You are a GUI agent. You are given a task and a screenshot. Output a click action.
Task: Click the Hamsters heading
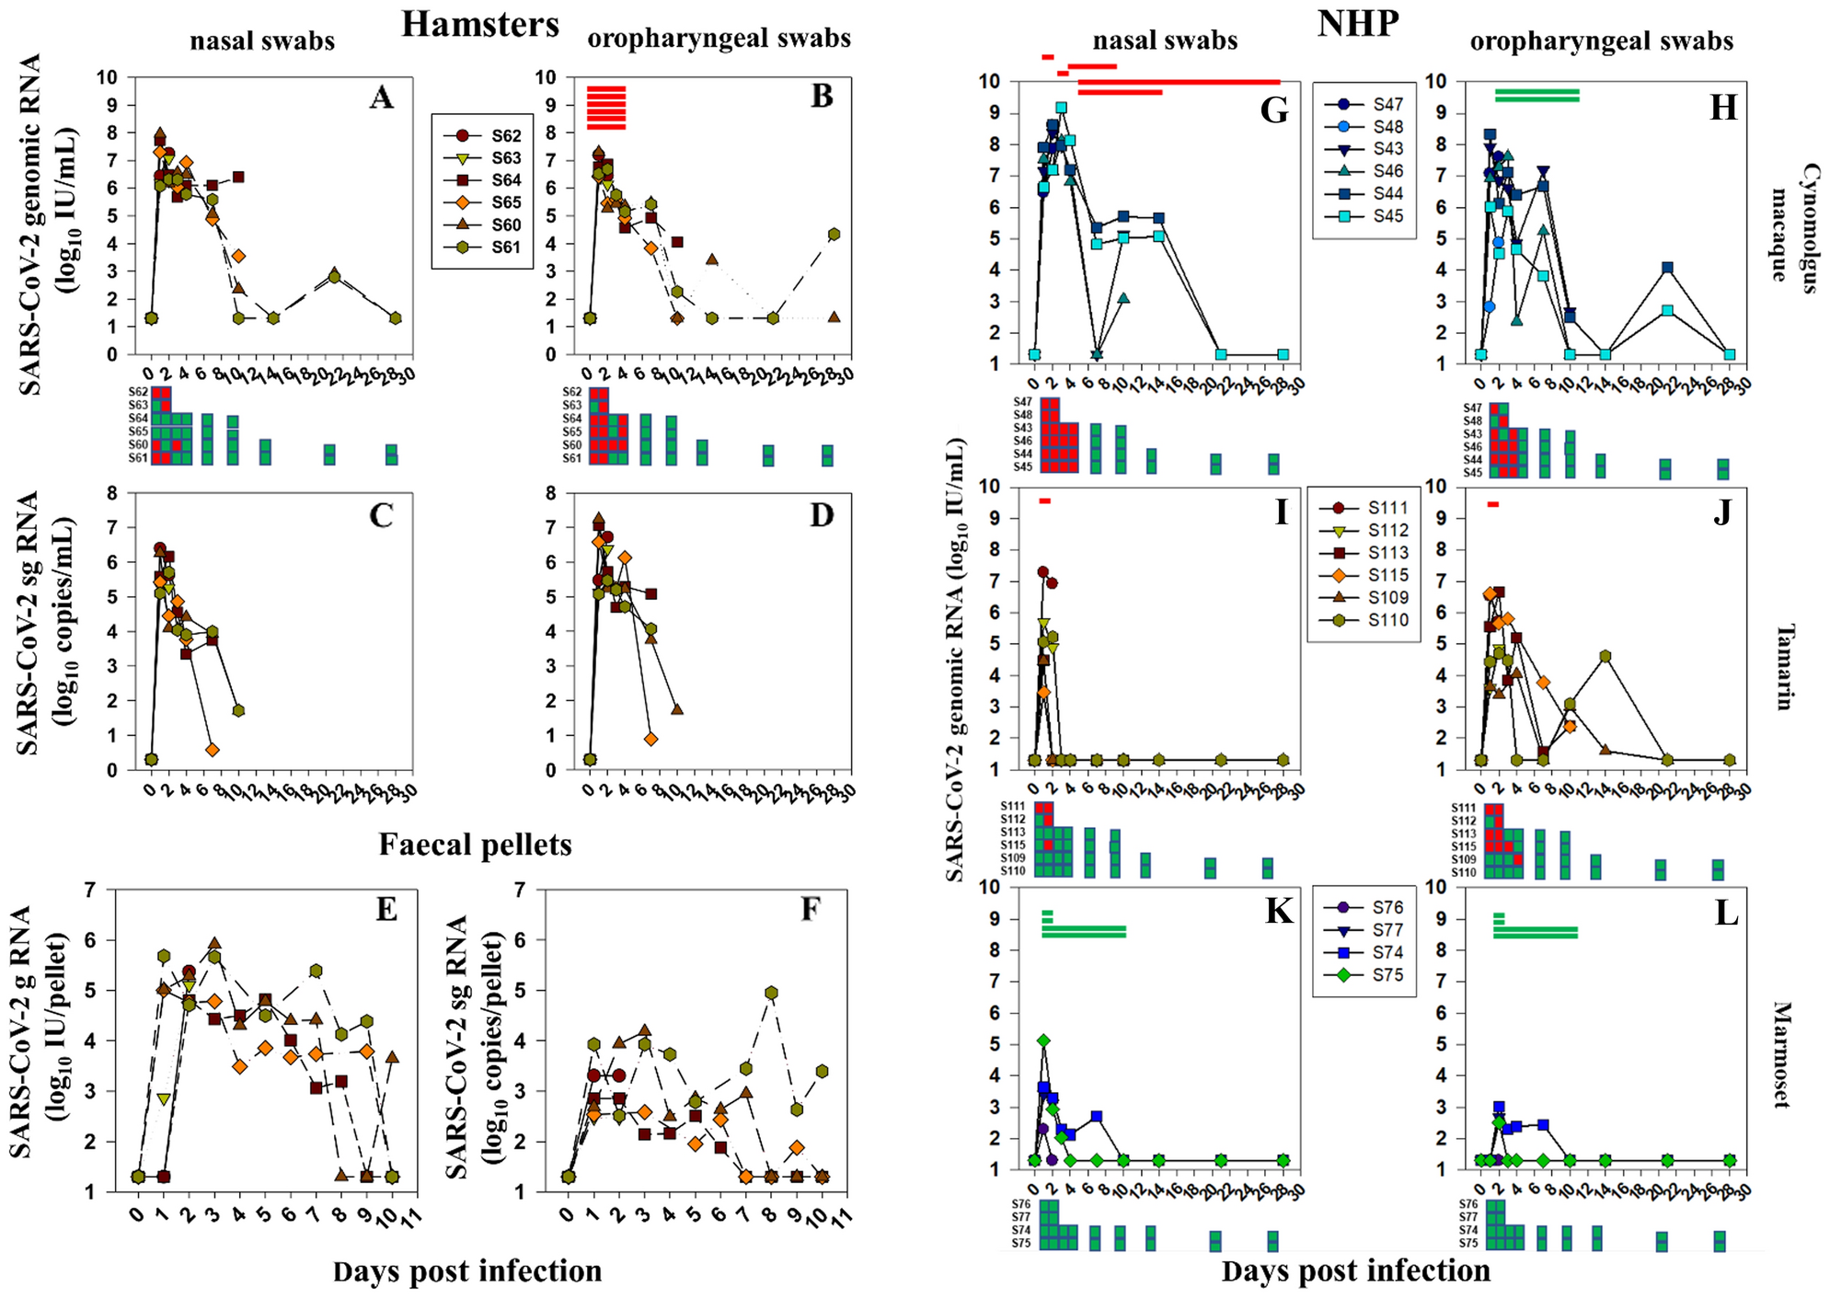[x=479, y=24]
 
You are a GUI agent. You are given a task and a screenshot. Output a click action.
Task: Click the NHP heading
[x=1357, y=23]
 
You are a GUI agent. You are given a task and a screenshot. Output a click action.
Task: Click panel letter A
[x=381, y=98]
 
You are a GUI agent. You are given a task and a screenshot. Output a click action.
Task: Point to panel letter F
[x=810, y=909]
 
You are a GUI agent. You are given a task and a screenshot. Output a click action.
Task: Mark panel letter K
[x=1279, y=911]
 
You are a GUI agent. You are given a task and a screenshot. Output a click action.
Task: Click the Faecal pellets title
[x=475, y=844]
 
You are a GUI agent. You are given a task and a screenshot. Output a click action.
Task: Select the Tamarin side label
[x=1783, y=667]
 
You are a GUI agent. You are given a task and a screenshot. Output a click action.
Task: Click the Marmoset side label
[x=1781, y=1055]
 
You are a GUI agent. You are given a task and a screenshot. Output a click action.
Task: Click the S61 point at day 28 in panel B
[x=834, y=235]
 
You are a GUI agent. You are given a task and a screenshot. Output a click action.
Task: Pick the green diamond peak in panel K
[x=1043, y=1040]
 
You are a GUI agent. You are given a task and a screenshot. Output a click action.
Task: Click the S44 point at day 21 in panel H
[x=1667, y=268]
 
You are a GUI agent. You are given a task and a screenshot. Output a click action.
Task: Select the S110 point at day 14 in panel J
[x=1606, y=656]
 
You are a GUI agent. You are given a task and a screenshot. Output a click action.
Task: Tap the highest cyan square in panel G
[x=1061, y=108]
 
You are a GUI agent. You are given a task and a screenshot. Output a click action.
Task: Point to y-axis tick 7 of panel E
[x=91, y=890]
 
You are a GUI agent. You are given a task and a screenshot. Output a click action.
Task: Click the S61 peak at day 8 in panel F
[x=771, y=993]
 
